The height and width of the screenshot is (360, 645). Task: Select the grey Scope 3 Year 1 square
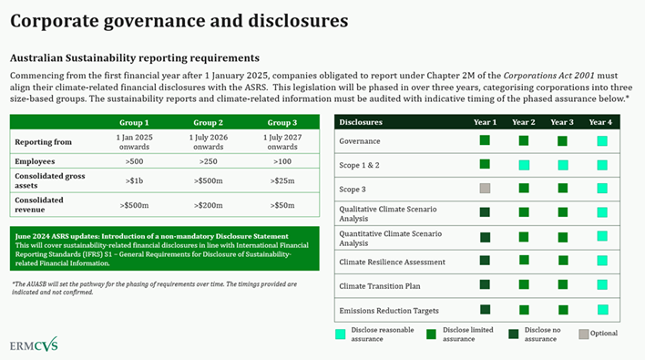(x=485, y=189)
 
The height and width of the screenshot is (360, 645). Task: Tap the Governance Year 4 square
(x=601, y=140)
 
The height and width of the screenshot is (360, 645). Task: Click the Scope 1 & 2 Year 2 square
(x=524, y=165)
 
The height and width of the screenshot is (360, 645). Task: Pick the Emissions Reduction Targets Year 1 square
(x=485, y=310)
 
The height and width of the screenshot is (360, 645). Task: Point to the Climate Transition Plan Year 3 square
(x=562, y=285)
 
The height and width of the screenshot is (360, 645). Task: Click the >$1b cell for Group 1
(x=134, y=180)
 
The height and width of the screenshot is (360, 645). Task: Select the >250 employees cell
(x=209, y=160)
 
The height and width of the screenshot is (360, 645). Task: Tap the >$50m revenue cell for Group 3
(x=282, y=205)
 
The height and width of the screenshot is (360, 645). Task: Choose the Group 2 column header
(x=209, y=122)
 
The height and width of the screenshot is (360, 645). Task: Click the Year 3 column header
(x=562, y=122)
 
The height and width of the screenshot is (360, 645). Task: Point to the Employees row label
(x=37, y=160)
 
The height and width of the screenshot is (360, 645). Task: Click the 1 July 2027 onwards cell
(x=282, y=141)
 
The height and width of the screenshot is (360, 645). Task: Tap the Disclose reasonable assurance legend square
(x=341, y=334)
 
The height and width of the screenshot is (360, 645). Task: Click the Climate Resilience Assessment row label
(x=392, y=262)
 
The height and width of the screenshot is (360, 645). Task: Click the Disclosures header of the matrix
(x=361, y=122)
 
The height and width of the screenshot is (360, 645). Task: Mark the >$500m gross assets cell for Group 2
(x=209, y=180)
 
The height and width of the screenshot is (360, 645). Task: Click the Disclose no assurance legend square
(x=516, y=334)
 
